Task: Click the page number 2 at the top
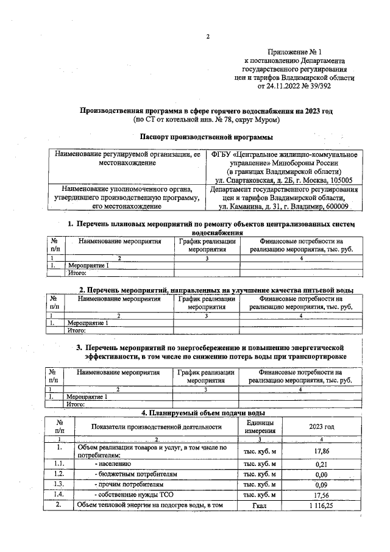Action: [207, 37]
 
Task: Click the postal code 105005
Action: [341, 180]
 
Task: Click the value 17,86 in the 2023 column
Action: [321, 451]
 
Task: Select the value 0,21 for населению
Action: [321, 464]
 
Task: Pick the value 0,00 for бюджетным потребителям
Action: [321, 474]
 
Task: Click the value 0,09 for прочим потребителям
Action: [321, 484]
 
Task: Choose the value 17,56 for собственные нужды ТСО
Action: [321, 495]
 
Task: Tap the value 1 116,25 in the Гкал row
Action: [321, 506]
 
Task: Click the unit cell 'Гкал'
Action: [260, 506]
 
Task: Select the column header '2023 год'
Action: [321, 427]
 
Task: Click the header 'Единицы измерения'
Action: [260, 427]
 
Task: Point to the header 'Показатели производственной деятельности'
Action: [156, 427]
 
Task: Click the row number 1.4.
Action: [58, 495]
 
